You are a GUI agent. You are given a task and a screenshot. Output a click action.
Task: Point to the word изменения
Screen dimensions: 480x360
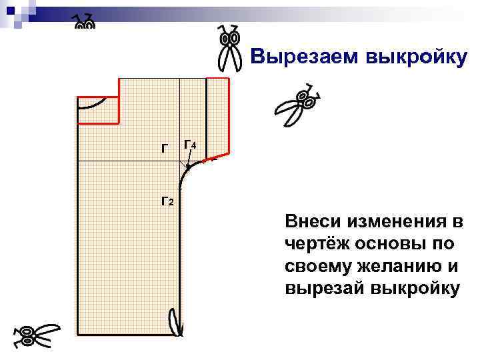pos(396,221)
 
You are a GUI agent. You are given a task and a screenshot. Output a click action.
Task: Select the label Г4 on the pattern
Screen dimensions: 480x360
pos(189,146)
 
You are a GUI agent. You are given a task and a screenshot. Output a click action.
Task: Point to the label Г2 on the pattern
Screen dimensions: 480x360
pos(167,200)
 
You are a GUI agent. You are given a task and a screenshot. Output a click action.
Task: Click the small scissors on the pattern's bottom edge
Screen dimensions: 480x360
pos(176,321)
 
